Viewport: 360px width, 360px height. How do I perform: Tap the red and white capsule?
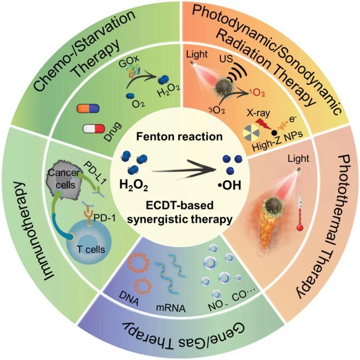94,129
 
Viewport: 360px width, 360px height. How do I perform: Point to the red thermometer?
300,213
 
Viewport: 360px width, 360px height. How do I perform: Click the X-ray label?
258,113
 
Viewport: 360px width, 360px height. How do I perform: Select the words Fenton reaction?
180,136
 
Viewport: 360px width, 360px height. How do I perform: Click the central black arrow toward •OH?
184,169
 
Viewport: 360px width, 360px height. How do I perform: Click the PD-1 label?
105,218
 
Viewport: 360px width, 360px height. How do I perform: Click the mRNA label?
171,308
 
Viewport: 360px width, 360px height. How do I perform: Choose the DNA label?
129,298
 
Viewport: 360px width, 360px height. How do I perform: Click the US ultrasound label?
226,59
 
